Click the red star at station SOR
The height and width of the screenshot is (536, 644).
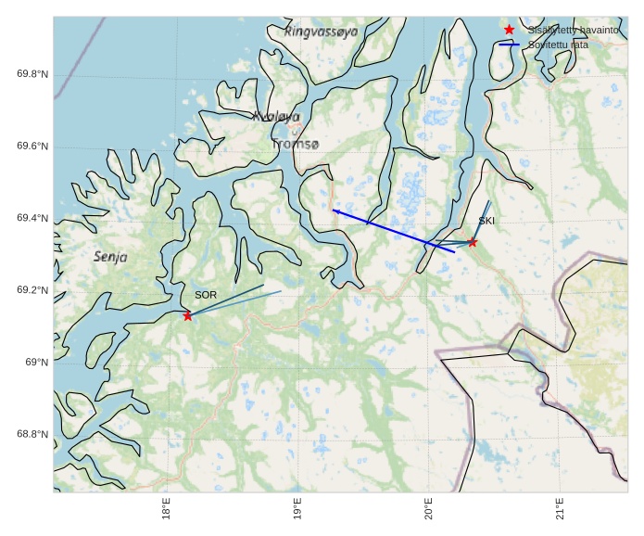[x=188, y=316]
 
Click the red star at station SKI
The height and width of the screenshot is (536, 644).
[x=472, y=242]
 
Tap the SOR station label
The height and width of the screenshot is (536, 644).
[x=206, y=295]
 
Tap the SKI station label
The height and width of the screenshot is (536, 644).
[x=486, y=221]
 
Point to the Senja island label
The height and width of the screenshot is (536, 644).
[x=110, y=256]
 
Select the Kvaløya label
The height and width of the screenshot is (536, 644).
[x=276, y=117]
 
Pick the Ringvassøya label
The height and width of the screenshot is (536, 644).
[x=322, y=32]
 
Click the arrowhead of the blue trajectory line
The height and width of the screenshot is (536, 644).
[x=335, y=211]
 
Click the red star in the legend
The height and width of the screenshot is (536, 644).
[x=509, y=30]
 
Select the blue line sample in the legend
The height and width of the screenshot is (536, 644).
[x=509, y=45]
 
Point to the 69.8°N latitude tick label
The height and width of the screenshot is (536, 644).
[x=32, y=74]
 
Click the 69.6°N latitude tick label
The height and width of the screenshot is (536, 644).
[x=32, y=147]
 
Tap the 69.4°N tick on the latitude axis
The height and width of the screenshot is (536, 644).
[x=32, y=218]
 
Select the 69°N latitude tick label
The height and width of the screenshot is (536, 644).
[x=35, y=362]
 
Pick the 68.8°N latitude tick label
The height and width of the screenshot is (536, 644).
[x=32, y=434]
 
